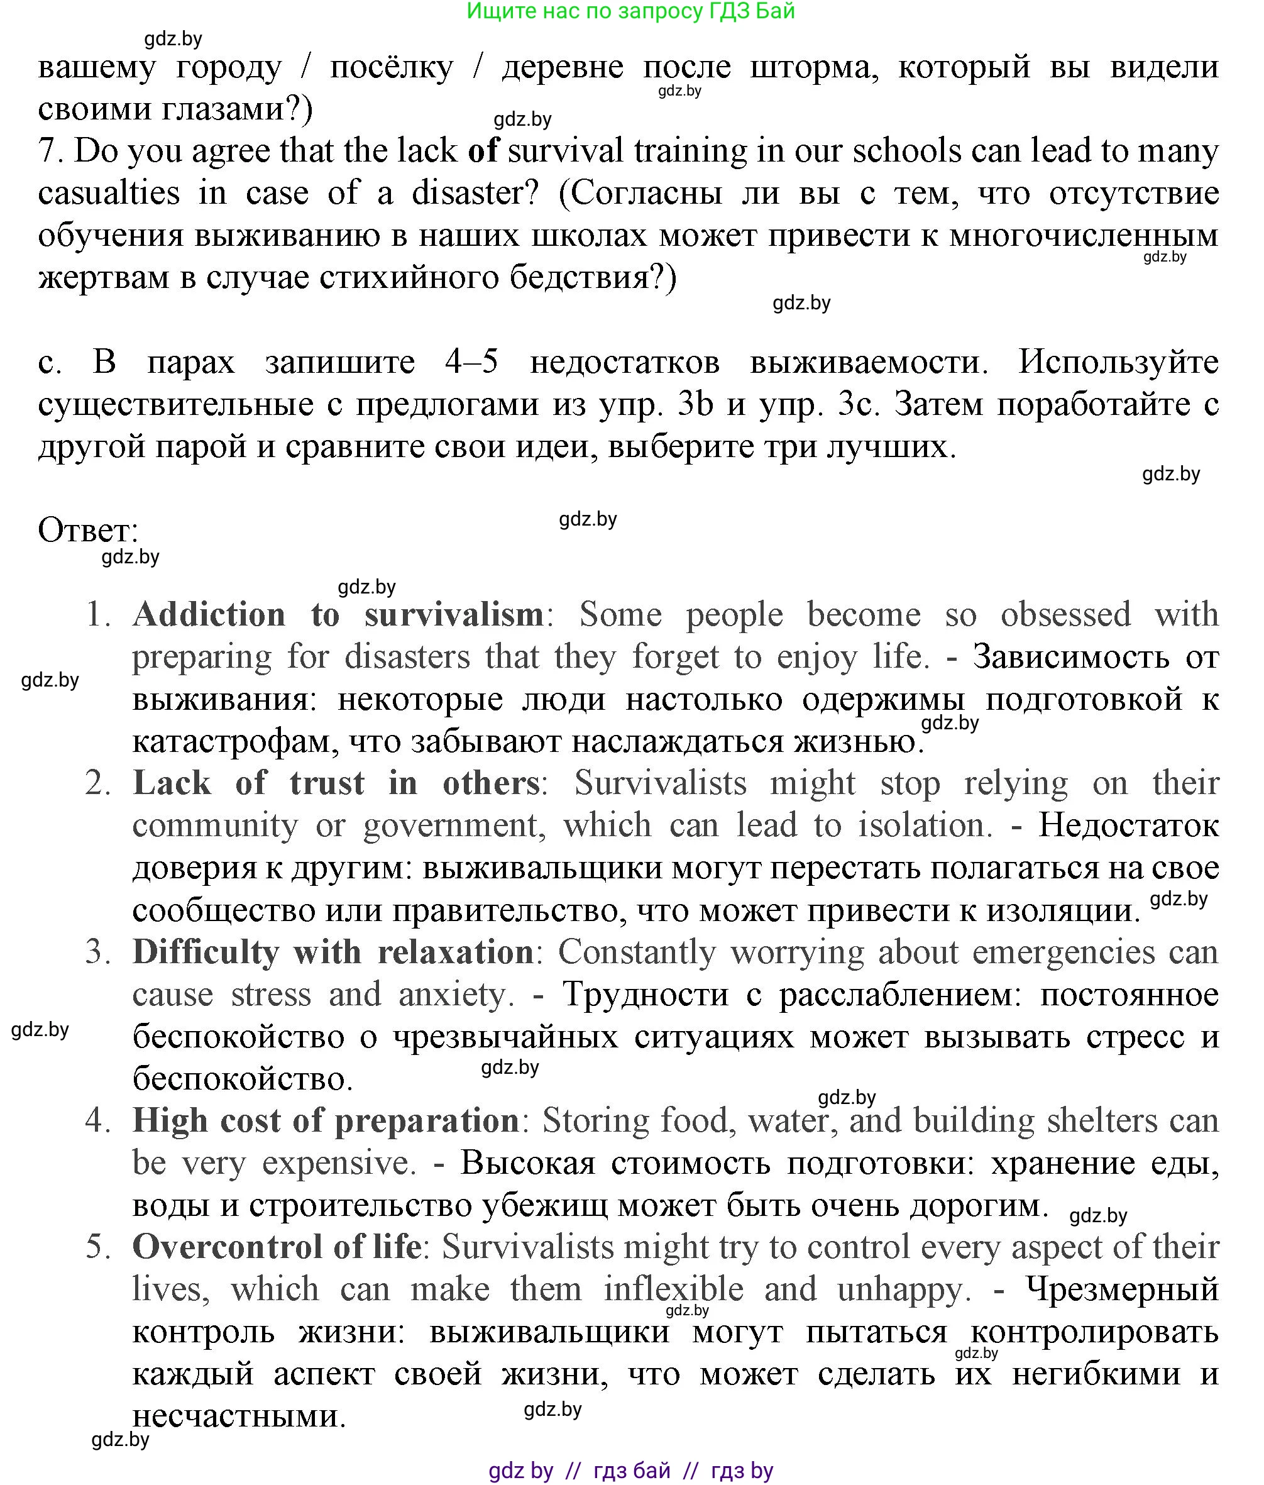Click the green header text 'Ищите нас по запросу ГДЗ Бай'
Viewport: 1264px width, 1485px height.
[630, 11]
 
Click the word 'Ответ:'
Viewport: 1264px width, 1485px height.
[87, 531]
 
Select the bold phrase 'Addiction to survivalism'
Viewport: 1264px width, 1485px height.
[338, 614]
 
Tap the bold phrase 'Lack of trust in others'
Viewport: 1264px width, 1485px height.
[336, 783]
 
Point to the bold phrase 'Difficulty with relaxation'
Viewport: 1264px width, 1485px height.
[333, 952]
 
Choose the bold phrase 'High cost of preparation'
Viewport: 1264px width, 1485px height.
[326, 1120]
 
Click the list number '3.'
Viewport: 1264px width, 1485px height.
[98, 952]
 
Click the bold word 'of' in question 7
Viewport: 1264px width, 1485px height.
[483, 150]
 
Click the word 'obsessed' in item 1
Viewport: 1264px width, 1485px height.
[1066, 614]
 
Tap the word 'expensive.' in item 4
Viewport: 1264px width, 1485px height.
[339, 1162]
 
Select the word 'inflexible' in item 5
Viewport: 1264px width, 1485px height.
[674, 1289]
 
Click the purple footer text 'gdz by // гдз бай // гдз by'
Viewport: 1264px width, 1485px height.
[630, 1471]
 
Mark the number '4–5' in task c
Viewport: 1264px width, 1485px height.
[471, 362]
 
